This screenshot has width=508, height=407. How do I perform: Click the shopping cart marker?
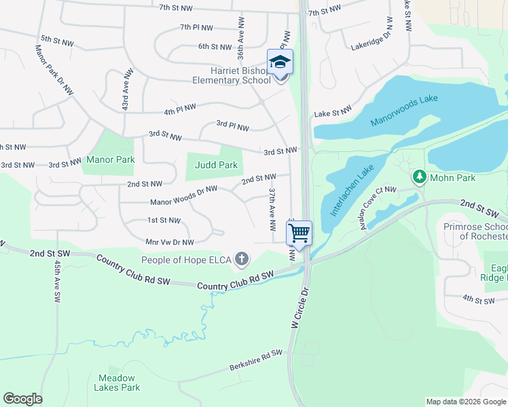[x=299, y=234]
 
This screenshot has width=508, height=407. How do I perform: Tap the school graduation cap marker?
[x=280, y=62]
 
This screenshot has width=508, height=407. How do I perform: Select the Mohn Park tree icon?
[x=420, y=177]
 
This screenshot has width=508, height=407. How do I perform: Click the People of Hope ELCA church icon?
[x=241, y=258]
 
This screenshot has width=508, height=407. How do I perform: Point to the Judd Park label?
[x=217, y=165]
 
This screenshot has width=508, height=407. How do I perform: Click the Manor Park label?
[x=110, y=160]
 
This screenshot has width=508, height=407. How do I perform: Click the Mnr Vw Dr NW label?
[x=169, y=242]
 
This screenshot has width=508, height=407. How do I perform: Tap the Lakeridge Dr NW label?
[x=371, y=38]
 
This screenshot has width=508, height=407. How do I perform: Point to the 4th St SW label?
[x=477, y=298]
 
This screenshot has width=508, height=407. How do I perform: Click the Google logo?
[x=22, y=399]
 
